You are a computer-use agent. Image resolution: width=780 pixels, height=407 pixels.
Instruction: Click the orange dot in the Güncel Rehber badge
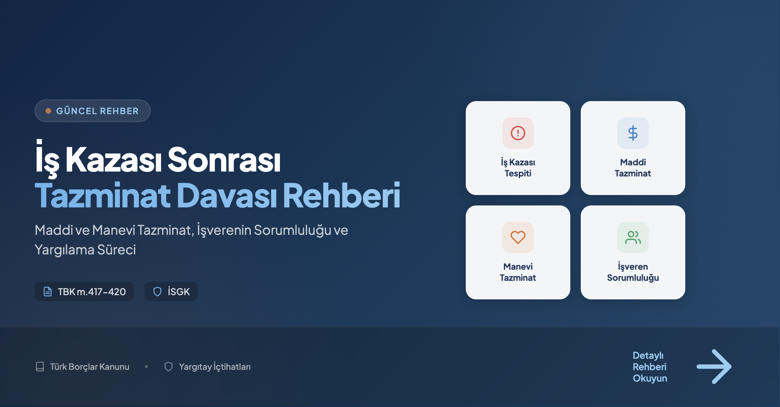pyautogui.click(x=48, y=111)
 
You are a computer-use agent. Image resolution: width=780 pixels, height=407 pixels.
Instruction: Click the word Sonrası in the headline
pyautogui.click(x=224, y=159)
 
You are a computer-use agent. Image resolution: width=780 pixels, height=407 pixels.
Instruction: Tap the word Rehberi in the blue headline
pyautogui.click(x=342, y=195)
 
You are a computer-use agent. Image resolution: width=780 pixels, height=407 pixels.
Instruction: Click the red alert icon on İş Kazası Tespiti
pyautogui.click(x=518, y=133)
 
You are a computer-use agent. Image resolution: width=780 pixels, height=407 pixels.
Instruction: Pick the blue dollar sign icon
pyautogui.click(x=633, y=133)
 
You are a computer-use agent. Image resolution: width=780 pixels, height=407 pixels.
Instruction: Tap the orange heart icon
pyautogui.click(x=518, y=237)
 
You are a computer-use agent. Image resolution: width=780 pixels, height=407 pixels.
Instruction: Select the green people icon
pyautogui.click(x=633, y=237)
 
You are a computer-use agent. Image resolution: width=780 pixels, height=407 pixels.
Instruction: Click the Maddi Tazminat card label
pyautogui.click(x=633, y=168)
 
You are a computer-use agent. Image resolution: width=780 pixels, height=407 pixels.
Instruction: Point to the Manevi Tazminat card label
pyautogui.click(x=518, y=272)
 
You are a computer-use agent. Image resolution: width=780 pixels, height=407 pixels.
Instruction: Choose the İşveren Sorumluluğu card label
pyautogui.click(x=633, y=272)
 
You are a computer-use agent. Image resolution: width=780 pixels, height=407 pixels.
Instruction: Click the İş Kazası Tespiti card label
pyautogui.click(x=518, y=168)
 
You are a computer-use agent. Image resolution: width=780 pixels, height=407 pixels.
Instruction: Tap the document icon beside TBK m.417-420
pyautogui.click(x=48, y=292)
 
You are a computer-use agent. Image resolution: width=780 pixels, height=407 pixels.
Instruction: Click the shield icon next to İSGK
pyautogui.click(x=157, y=292)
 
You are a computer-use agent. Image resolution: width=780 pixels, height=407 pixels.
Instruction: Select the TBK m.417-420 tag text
pyautogui.click(x=92, y=292)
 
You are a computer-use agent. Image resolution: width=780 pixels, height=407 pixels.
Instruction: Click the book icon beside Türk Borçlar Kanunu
pyautogui.click(x=40, y=367)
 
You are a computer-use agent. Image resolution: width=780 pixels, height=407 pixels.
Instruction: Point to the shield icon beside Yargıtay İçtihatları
pyautogui.click(x=169, y=367)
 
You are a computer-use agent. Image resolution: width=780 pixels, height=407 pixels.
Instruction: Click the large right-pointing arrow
pyautogui.click(x=714, y=367)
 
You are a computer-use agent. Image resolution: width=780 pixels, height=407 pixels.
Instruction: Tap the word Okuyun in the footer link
pyautogui.click(x=650, y=378)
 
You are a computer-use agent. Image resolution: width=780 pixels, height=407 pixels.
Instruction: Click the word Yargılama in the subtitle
pyautogui.click(x=65, y=250)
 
